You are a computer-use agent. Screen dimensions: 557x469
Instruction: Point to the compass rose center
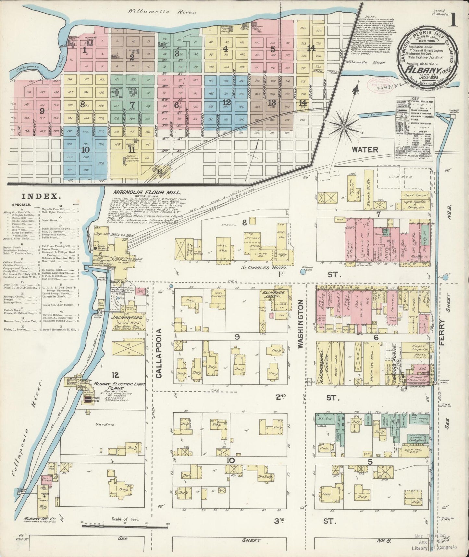344,126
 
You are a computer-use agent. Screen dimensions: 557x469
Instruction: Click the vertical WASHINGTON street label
300,324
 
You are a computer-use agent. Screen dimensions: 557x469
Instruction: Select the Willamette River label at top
162,12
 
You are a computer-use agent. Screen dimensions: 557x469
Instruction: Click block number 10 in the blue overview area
85,150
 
